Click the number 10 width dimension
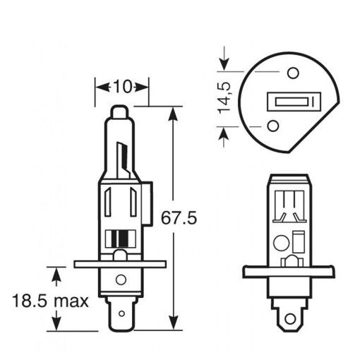coord(122,88)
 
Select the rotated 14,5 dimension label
coord(226,98)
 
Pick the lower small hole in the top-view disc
coord(273,126)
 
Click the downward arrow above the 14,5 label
coord(224,64)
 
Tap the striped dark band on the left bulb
coord(121,239)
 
